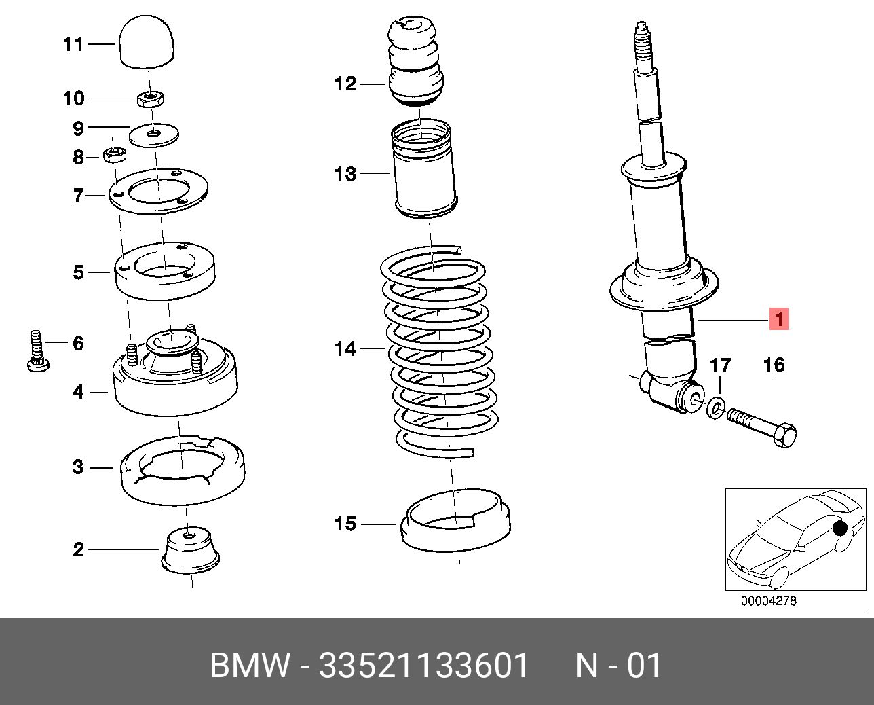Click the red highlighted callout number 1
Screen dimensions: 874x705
(779, 319)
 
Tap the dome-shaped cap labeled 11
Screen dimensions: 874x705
(147, 41)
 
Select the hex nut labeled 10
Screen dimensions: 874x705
(150, 99)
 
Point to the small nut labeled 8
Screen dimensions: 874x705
(115, 155)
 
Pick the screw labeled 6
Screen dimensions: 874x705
(38, 350)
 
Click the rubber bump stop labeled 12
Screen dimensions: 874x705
(415, 62)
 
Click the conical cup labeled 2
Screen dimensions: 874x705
(190, 551)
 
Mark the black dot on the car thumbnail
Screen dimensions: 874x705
(840, 528)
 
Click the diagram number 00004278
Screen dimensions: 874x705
(769, 601)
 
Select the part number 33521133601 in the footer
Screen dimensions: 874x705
(423, 666)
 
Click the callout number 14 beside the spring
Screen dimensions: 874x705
(345, 349)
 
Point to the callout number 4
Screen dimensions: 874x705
(79, 392)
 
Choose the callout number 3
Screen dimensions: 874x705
(79, 467)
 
